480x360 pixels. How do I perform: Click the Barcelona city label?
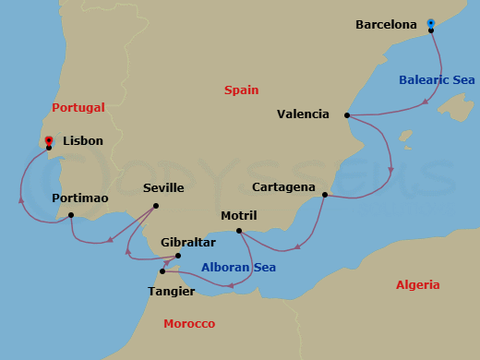[x=386, y=25]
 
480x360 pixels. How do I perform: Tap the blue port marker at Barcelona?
[x=431, y=22]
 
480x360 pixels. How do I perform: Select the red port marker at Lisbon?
[x=48, y=140]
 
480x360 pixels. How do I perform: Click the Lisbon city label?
[x=83, y=141]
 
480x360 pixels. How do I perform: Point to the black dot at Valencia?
[x=346, y=115]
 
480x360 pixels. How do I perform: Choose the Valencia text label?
[x=303, y=114]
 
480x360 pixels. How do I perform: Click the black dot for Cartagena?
[x=325, y=195]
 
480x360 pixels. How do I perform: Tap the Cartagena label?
[x=282, y=187]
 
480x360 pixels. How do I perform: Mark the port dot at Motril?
[x=238, y=231]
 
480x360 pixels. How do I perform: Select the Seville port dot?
[x=155, y=206]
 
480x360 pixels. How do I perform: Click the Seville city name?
[x=164, y=188]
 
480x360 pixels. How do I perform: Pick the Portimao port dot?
[x=71, y=216]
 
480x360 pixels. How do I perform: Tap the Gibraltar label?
[x=187, y=243]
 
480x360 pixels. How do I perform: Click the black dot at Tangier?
[x=162, y=271]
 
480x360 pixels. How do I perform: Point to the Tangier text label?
[x=171, y=292]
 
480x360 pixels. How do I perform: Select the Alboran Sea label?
[x=238, y=269]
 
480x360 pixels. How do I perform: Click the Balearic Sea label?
[x=437, y=80]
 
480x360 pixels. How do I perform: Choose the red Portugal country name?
[x=78, y=108]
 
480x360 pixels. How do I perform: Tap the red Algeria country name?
[x=417, y=285]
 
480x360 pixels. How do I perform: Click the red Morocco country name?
[x=188, y=324]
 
